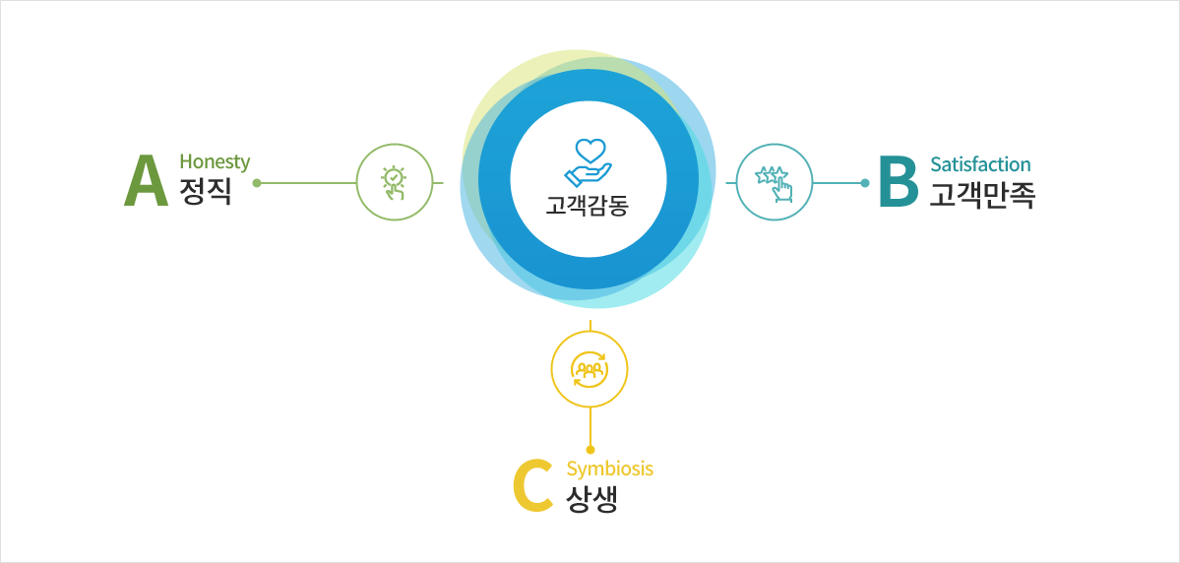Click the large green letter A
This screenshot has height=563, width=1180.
tap(146, 181)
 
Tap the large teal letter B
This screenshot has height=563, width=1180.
tap(899, 181)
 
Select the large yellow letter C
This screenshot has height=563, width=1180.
tap(533, 486)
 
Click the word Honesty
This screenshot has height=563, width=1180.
tap(215, 161)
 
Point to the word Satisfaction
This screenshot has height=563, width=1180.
tap(980, 164)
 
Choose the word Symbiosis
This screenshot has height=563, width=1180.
tap(609, 469)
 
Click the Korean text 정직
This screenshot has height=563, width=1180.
tap(206, 192)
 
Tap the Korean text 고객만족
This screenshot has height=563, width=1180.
tap(982, 194)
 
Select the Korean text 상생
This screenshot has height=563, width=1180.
tap(591, 500)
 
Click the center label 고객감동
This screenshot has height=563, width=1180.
tap(587, 205)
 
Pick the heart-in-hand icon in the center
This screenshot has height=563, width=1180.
tap(589, 161)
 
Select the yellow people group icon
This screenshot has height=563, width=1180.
tap(590, 369)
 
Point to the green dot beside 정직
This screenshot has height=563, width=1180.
tap(257, 183)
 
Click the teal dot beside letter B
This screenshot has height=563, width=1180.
tap(865, 183)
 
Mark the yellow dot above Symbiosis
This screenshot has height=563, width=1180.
tap(590, 450)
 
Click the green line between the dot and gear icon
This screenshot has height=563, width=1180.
tap(306, 183)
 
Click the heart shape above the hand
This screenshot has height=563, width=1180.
tap(590, 150)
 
